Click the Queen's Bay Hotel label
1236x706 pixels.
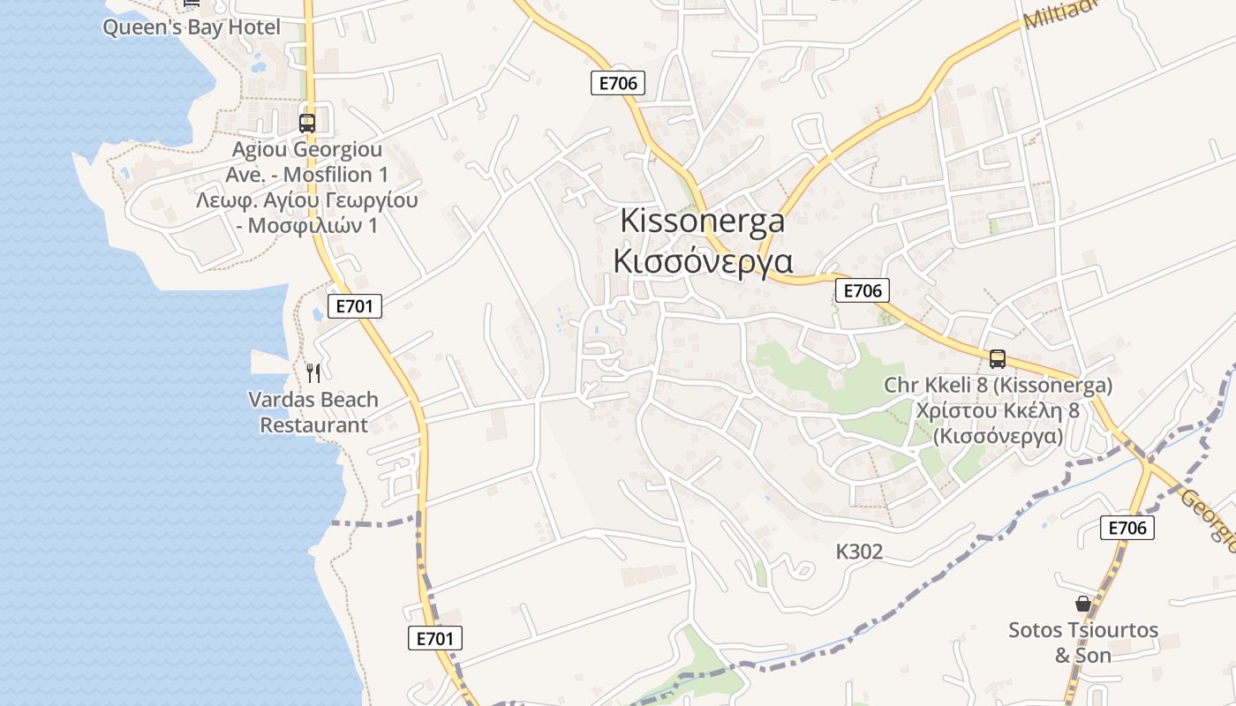point(192,27)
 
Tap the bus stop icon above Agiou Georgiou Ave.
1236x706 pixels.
point(307,124)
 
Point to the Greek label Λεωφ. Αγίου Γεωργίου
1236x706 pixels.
point(307,200)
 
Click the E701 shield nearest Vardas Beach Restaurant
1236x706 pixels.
point(356,306)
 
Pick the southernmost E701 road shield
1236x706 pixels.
point(435,638)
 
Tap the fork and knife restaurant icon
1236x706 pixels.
point(313,373)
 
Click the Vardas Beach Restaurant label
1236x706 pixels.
point(313,412)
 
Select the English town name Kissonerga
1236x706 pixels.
point(702,221)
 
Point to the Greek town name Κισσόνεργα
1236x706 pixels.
point(703,261)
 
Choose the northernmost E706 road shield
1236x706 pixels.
point(618,84)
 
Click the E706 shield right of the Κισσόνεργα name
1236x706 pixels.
point(862,290)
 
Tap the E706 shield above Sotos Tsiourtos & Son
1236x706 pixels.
point(1127,528)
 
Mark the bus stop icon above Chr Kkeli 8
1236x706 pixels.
point(998,359)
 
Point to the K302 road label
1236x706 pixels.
point(859,552)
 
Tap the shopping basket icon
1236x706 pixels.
point(1083,604)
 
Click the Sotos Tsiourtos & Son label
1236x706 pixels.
point(1083,642)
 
